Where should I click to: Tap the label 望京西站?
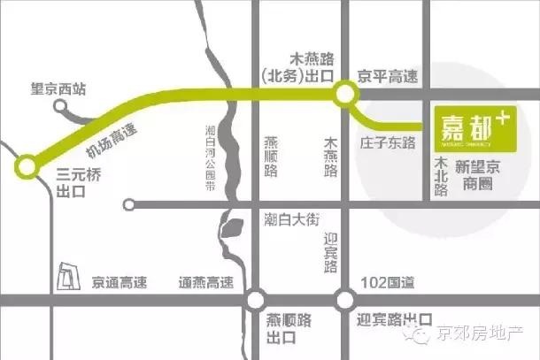click(51, 89)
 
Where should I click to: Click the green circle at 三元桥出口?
click(26, 165)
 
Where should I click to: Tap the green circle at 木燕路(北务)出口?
click(343, 92)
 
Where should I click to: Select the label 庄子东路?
click(388, 141)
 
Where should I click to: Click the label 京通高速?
click(120, 283)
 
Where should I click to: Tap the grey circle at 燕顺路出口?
click(257, 298)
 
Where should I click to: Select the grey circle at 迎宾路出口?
click(343, 298)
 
